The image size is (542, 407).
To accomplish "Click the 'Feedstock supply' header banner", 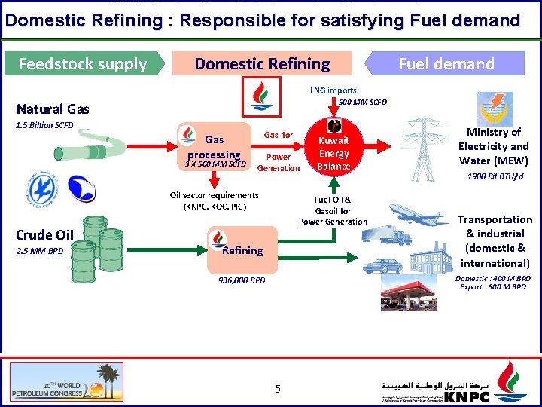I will point(82,63).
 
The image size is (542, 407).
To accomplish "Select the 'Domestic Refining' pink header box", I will point(262,63).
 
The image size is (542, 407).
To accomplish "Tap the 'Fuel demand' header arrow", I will point(446,63).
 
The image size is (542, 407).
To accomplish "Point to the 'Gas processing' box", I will point(215,146).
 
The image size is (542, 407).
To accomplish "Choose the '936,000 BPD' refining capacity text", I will point(242,280).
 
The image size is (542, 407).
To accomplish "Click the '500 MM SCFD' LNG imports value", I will point(363,103).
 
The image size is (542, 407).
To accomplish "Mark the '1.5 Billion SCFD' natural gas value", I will point(44,125).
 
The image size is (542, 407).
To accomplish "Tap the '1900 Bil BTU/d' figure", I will point(495,176).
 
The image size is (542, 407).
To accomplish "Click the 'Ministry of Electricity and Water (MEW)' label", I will point(493,146).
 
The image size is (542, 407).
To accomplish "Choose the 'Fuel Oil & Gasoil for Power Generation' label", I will point(333,211).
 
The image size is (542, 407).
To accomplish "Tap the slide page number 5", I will point(277,389).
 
